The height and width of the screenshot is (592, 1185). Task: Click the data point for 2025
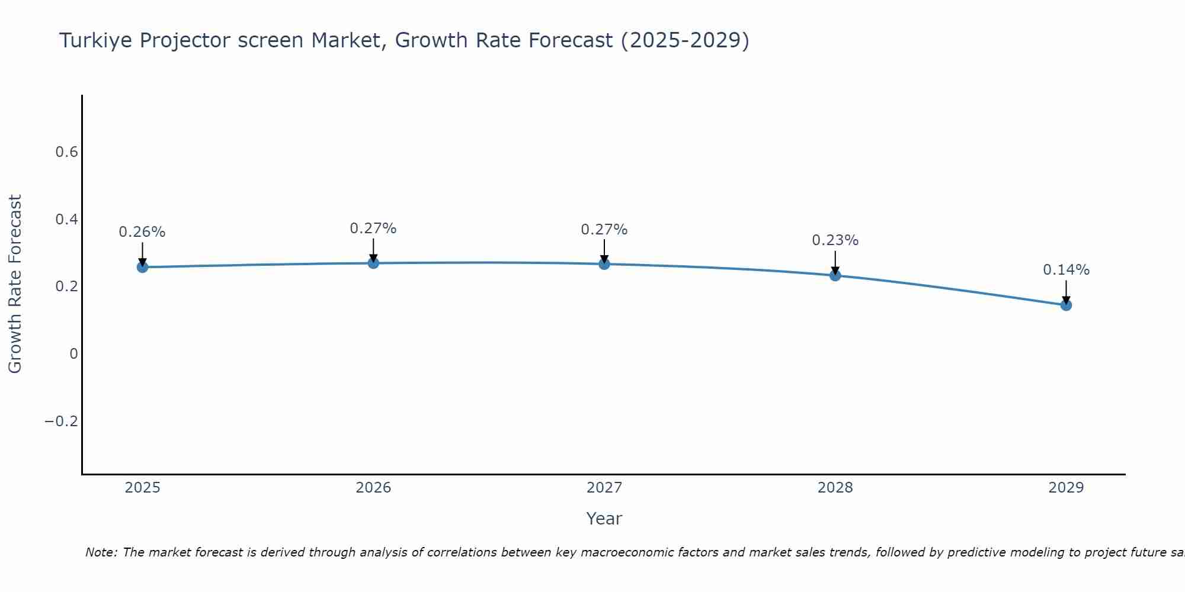pyautogui.click(x=142, y=267)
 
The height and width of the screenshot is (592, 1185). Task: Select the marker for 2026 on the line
pyautogui.click(x=373, y=263)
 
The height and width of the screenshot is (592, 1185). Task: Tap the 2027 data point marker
pyautogui.click(x=604, y=264)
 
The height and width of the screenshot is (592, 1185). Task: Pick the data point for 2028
pyautogui.click(x=835, y=275)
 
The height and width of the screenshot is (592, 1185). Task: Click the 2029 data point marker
pyautogui.click(x=1066, y=305)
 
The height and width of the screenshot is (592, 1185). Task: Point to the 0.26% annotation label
pyautogui.click(x=142, y=232)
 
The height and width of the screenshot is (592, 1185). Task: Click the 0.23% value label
pyautogui.click(x=835, y=240)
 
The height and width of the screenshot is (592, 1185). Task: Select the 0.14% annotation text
pyautogui.click(x=1066, y=270)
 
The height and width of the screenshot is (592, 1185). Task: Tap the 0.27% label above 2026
pyautogui.click(x=373, y=229)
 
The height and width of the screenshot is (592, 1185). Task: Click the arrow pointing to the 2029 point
pyautogui.click(x=1066, y=291)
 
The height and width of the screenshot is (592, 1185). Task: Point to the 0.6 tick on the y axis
pyautogui.click(x=66, y=152)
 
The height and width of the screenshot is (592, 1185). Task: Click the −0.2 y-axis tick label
pyautogui.click(x=62, y=421)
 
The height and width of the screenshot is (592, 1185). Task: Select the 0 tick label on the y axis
pyautogui.click(x=73, y=354)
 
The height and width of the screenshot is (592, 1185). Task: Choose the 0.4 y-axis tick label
pyautogui.click(x=66, y=220)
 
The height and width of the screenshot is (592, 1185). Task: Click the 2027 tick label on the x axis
pyautogui.click(x=604, y=488)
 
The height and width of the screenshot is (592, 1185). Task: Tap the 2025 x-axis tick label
pyautogui.click(x=142, y=488)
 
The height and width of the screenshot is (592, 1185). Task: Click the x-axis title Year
pyautogui.click(x=604, y=519)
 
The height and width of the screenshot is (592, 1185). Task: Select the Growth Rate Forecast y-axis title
pyautogui.click(x=15, y=284)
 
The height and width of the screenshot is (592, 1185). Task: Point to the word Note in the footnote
pyautogui.click(x=101, y=552)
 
